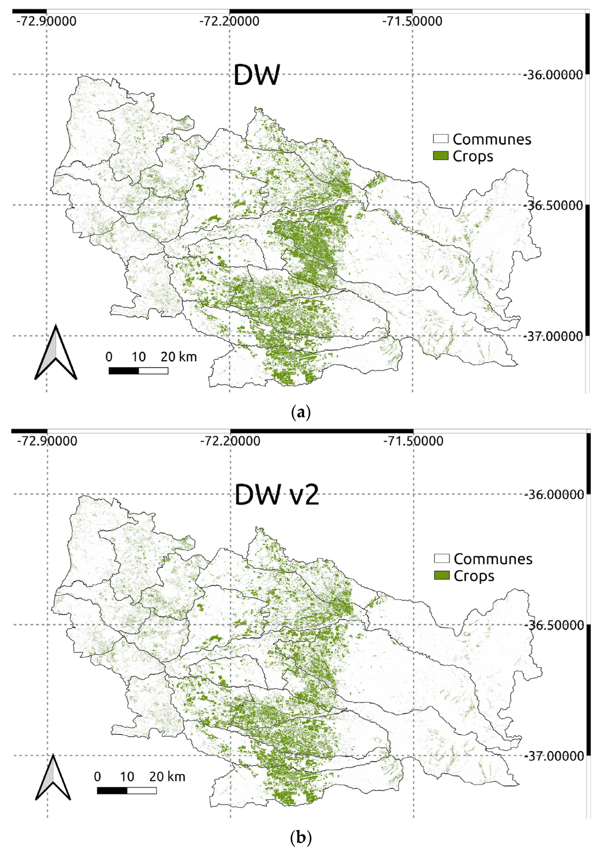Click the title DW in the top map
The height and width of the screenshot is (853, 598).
256,75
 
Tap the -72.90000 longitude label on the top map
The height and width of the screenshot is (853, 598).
46,21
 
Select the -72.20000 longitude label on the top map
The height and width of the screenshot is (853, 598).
229,21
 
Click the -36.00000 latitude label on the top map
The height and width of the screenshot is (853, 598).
553,75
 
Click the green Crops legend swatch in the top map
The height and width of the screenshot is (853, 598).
441,156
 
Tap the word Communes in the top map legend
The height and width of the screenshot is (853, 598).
492,139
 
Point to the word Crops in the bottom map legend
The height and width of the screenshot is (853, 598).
474,576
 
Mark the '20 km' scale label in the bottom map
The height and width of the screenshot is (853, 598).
167,777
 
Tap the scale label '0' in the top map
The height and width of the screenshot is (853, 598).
109,357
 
